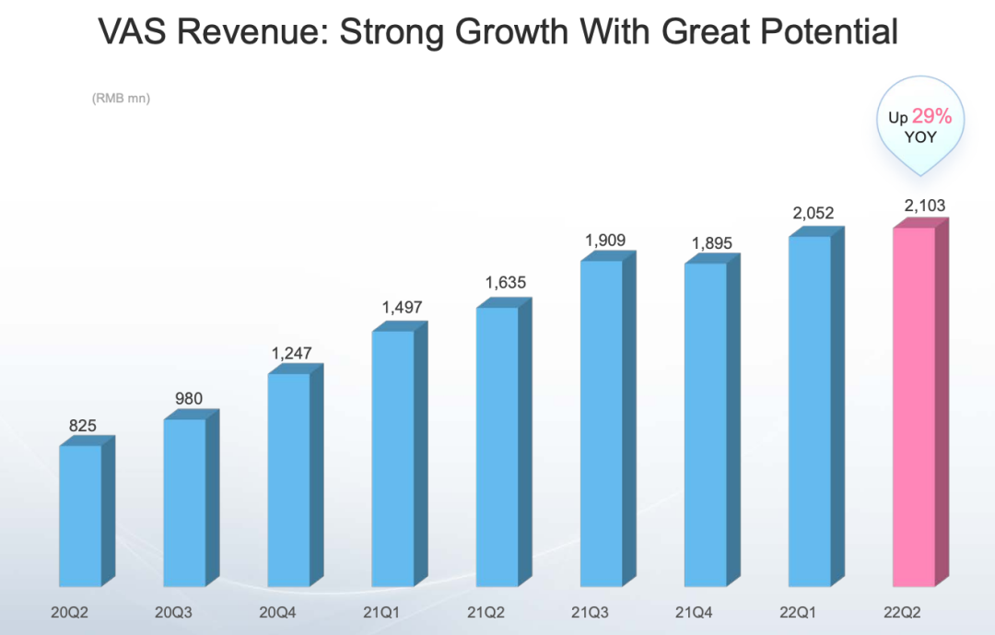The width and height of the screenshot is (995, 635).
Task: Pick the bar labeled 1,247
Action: [288, 478]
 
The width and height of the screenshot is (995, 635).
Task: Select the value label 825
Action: [83, 426]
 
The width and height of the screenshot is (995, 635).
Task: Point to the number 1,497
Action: [398, 308]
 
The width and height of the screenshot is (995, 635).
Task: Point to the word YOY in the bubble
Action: [920, 136]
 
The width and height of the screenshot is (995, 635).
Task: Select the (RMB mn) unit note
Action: [121, 98]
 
